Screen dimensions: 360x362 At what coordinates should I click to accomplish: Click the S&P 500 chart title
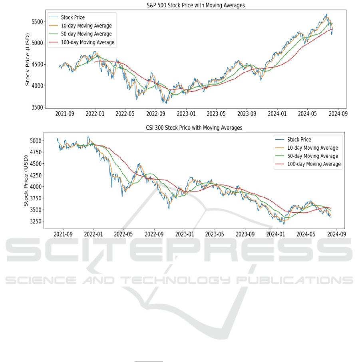pyautogui.click(x=196, y=5)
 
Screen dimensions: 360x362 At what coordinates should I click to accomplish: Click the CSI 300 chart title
pyautogui.click(x=194, y=128)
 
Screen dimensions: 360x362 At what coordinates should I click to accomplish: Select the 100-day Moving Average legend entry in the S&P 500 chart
pyautogui.click(x=82, y=42)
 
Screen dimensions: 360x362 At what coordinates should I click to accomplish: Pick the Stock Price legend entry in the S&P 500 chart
pyautogui.click(x=67, y=17)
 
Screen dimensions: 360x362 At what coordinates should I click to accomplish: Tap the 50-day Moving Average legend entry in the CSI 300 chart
pyautogui.click(x=306, y=156)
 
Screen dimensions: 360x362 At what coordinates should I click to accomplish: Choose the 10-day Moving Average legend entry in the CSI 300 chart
pyautogui.click(x=306, y=148)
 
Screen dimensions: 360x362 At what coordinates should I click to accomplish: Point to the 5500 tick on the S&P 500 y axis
pyautogui.click(x=37, y=22)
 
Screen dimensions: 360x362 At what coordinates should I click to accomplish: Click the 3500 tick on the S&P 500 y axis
pyautogui.click(x=37, y=107)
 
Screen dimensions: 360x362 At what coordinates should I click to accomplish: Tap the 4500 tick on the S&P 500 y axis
pyautogui.click(x=37, y=64)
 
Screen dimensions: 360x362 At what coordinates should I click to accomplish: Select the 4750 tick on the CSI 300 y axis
pyautogui.click(x=36, y=152)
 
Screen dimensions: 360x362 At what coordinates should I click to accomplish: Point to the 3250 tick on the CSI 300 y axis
pyautogui.click(x=36, y=222)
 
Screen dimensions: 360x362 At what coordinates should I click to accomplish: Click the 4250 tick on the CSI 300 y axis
pyautogui.click(x=36, y=175)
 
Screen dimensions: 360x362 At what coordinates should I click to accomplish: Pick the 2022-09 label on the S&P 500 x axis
pyautogui.click(x=156, y=114)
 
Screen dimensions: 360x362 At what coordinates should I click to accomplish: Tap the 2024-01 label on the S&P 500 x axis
pyautogui.click(x=277, y=114)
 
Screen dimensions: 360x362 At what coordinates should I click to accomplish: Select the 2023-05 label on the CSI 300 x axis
pyautogui.click(x=215, y=234)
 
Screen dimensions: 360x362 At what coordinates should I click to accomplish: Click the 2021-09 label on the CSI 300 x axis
pyautogui.click(x=63, y=234)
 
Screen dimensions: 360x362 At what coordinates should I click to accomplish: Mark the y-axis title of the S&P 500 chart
pyautogui.click(x=28, y=59)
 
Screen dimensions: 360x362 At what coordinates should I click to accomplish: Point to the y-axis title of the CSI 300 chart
pyautogui.click(x=26, y=181)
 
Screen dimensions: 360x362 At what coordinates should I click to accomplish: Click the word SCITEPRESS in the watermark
pyautogui.click(x=179, y=250)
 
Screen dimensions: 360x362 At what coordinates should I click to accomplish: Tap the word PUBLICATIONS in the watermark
pyautogui.click(x=294, y=280)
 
